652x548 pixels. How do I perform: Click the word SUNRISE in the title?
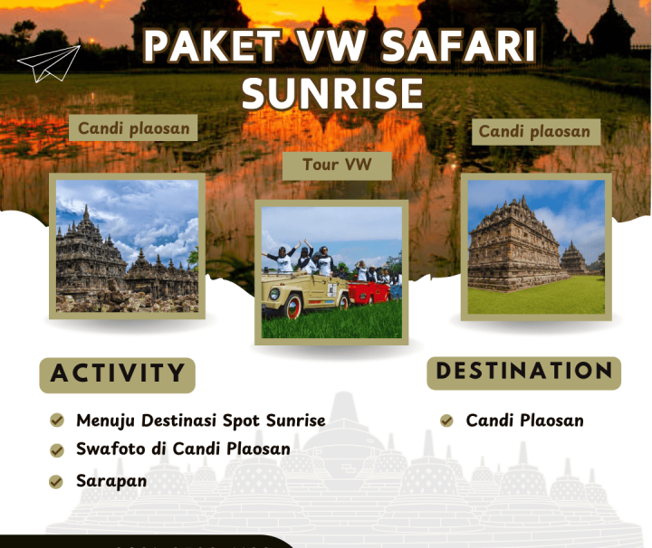pyautogui.click(x=333, y=93)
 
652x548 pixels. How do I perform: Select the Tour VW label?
pyautogui.click(x=336, y=165)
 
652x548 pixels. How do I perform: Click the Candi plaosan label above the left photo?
pyautogui.click(x=133, y=128)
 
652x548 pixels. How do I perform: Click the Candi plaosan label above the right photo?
pyautogui.click(x=534, y=131)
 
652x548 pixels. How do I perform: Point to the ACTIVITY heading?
pyautogui.click(x=117, y=373)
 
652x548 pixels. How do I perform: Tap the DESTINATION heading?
pyautogui.click(x=523, y=371)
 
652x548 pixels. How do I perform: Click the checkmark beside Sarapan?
pyautogui.click(x=57, y=481)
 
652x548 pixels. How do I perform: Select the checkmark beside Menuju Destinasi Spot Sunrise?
pyautogui.click(x=57, y=420)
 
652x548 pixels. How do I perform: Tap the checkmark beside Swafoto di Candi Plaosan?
pyautogui.click(x=57, y=449)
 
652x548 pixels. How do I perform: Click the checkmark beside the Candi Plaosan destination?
pyautogui.click(x=446, y=420)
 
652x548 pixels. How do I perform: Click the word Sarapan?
pyautogui.click(x=111, y=480)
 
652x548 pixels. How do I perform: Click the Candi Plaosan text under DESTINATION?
pyautogui.click(x=524, y=420)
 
